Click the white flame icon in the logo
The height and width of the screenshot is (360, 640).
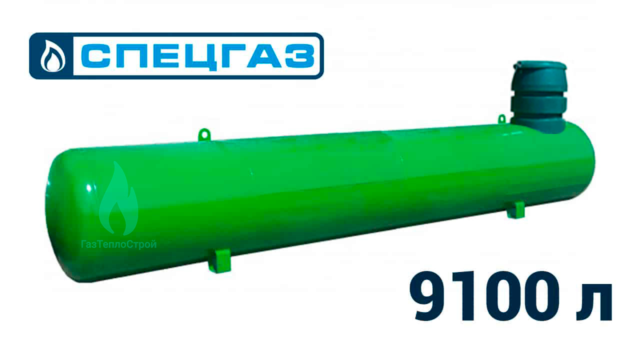click(52, 56)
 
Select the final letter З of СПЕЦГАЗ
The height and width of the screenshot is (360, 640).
click(298, 56)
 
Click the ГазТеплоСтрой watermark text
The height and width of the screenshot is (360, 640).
click(119, 244)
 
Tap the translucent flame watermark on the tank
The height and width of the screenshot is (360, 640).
click(118, 198)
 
